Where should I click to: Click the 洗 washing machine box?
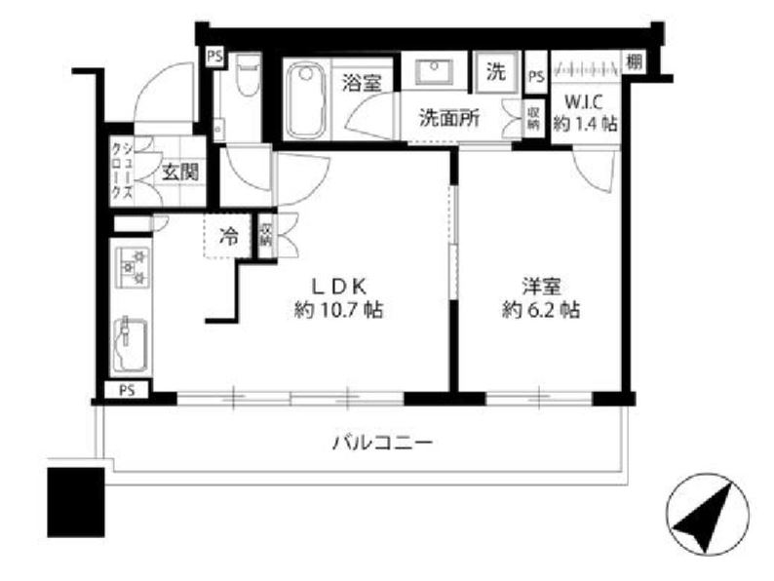coord(497,71)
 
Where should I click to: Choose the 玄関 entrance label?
coord(179,173)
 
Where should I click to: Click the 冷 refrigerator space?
coord(228,235)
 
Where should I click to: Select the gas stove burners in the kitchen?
coord(132,267)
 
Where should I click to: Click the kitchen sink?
coord(127,346)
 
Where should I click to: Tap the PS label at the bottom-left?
coord(126,391)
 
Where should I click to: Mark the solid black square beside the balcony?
coord(74,500)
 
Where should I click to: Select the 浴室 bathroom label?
coord(361,83)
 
